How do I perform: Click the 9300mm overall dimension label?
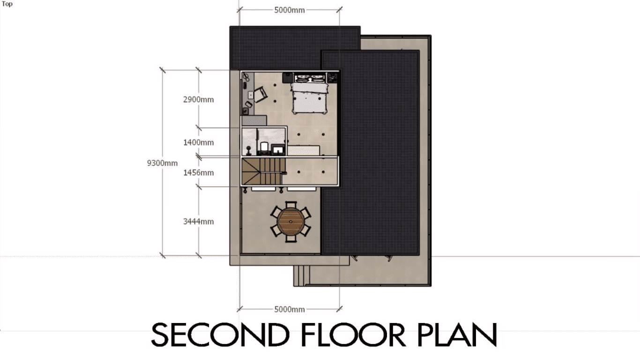click(x=163, y=163)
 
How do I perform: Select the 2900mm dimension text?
click(x=199, y=100)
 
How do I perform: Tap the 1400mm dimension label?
click(x=199, y=142)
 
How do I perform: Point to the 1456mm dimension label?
click(x=199, y=173)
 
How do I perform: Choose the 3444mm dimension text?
click(x=199, y=221)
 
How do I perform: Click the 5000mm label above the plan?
click(x=289, y=10)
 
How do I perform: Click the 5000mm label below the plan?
click(x=289, y=309)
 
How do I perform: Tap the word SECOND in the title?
click(x=219, y=335)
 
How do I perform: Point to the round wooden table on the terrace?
click(x=290, y=222)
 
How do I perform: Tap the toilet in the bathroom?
click(x=264, y=148)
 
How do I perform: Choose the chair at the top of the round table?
click(x=291, y=205)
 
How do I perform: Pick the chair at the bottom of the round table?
click(x=291, y=239)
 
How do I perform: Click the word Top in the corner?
click(x=7, y=5)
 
